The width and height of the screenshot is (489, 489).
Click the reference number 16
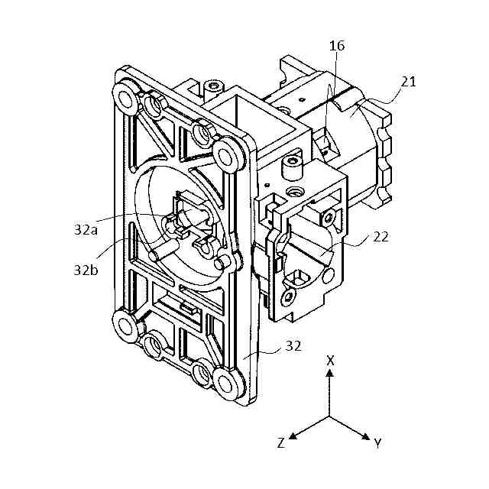tap(337, 47)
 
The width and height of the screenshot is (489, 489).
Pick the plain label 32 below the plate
tap(293, 345)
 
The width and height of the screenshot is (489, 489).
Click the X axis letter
tap(329, 360)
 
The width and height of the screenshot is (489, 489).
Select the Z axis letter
tap(281, 443)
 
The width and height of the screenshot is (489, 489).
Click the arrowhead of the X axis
tap(329, 374)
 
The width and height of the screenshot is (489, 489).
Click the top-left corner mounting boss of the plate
tap(124, 94)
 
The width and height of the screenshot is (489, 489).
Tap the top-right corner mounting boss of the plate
tap(226, 157)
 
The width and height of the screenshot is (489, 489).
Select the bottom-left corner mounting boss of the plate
tap(125, 326)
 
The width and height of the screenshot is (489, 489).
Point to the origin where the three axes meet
tap(329, 417)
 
